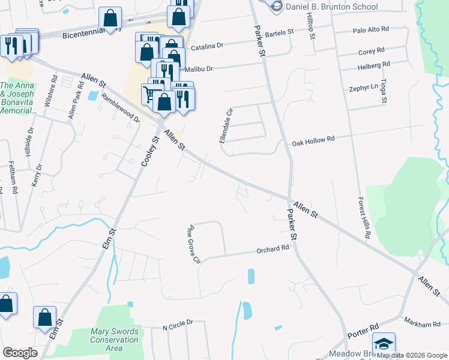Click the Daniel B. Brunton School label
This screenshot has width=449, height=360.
[x=332, y=7]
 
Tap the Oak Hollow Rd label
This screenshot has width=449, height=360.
[x=313, y=142]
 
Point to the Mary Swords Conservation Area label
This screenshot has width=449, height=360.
[x=114, y=340]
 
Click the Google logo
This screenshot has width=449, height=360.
[x=20, y=352]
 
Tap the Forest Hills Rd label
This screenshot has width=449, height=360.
[x=363, y=218]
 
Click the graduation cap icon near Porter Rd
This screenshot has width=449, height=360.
[x=384, y=344]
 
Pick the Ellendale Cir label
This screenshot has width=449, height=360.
[x=224, y=125]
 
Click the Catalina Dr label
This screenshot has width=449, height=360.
[x=206, y=46]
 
